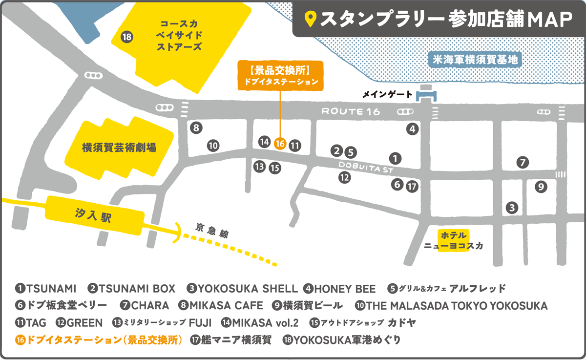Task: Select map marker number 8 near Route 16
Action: point(196,128)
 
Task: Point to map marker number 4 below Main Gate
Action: point(413,129)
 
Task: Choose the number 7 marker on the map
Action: point(523,162)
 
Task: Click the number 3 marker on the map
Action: point(511,208)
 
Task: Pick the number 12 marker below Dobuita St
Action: point(345,177)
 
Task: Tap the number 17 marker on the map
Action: point(413,186)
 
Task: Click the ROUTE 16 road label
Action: point(350,111)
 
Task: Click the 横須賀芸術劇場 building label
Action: point(120,147)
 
